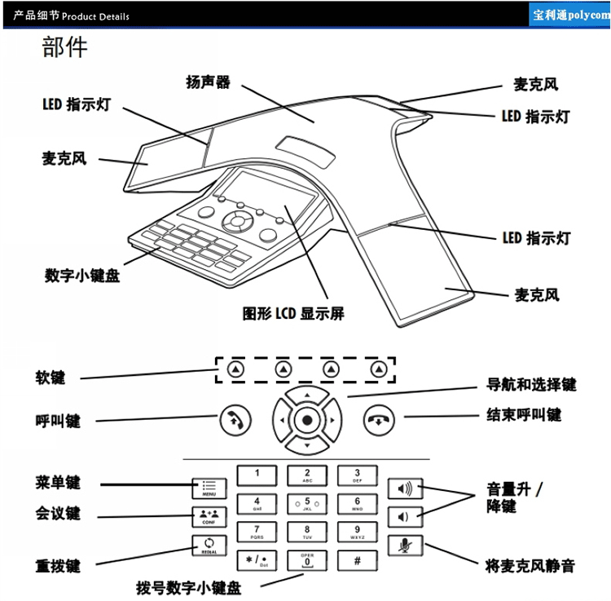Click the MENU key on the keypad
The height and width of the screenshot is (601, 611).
tap(205, 488)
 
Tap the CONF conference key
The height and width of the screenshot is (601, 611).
tap(205, 515)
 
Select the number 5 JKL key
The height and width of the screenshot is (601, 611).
tap(306, 503)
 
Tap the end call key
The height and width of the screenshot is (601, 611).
tap(378, 422)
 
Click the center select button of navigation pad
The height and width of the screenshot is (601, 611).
tap(306, 422)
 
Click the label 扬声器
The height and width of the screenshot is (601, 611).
tap(208, 83)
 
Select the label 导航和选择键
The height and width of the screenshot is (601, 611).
tap(531, 384)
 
